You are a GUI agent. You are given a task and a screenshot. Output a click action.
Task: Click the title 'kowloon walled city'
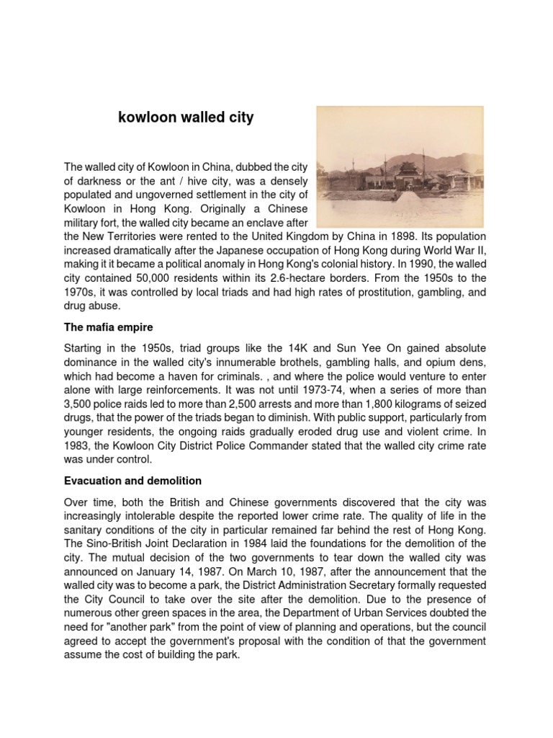click(x=186, y=117)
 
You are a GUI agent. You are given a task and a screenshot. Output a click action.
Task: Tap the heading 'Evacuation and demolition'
click(x=133, y=480)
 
